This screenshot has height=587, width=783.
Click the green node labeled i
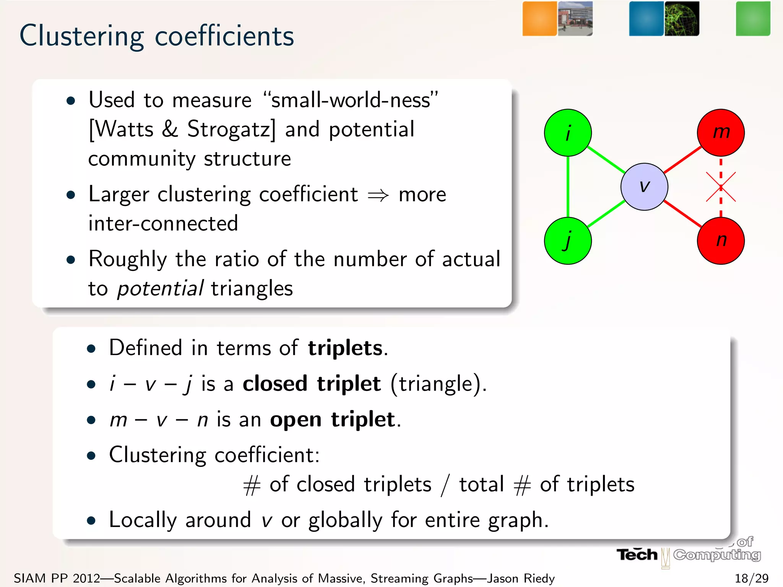(568, 133)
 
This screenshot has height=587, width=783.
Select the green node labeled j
(568, 241)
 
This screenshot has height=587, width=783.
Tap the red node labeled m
(721, 133)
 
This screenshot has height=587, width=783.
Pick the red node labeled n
(721, 241)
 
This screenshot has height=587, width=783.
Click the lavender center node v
(644, 187)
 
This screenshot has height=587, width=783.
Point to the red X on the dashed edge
(721, 187)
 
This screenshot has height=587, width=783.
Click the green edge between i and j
(568, 187)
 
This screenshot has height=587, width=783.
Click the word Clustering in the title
(81, 36)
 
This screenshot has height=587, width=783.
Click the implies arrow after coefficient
(378, 195)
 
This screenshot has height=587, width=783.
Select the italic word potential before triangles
(160, 289)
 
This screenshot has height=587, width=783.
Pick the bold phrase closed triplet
(312, 384)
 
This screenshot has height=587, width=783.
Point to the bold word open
(296, 420)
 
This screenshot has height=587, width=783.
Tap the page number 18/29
(751, 578)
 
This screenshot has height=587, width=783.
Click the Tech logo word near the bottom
(637, 555)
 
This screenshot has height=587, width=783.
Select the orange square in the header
(539, 19)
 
